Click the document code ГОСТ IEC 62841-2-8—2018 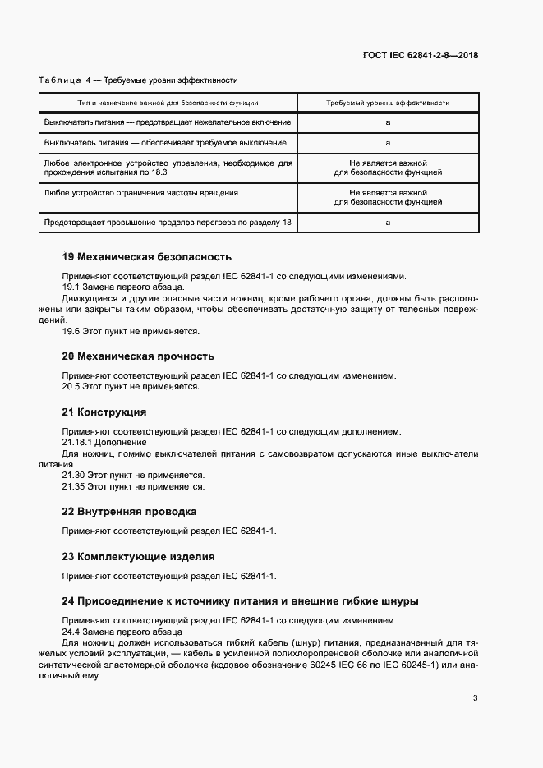pos(421,56)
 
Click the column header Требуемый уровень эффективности pos(388,103)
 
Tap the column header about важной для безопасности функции pos(168,103)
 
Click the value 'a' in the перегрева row pos(388,223)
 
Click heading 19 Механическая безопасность pos(147,257)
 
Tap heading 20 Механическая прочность pos(138,356)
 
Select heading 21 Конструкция pos(104,412)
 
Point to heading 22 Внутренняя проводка pos(129,511)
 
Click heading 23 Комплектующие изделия pos(138,556)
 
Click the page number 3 pos(476,698)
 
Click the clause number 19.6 pos(71,332)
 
